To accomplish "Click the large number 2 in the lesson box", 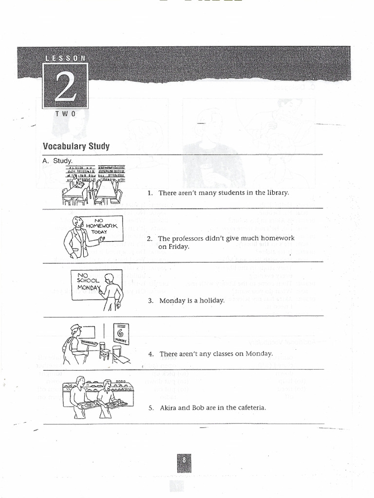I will point(65,86).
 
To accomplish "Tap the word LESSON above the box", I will point(65,58).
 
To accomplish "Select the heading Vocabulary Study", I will point(76,146).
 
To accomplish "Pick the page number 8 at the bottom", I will point(185,460).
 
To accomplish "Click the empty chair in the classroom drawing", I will point(105,351).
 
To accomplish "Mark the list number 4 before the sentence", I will point(151,354).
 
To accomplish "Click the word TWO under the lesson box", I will point(65,113).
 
